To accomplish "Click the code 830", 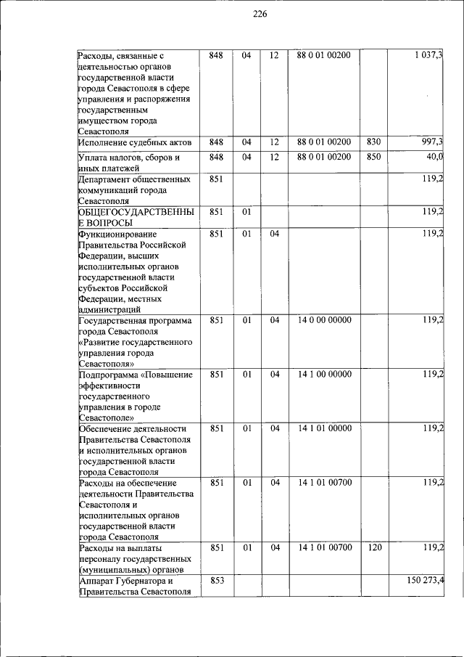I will pos(374,142).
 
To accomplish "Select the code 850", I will pos(374,158).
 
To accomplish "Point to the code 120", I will pos(374,548).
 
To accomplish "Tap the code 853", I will pos(216,581).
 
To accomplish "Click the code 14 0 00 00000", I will pos(324,320).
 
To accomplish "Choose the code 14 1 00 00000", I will pos(324,375).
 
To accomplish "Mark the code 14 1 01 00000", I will pos(324,428).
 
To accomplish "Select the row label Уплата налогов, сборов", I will pos(128,158).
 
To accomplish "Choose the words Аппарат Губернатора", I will pos(125,581).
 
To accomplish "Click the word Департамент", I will pos(107,179).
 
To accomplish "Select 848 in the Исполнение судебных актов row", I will pos(216,142).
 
